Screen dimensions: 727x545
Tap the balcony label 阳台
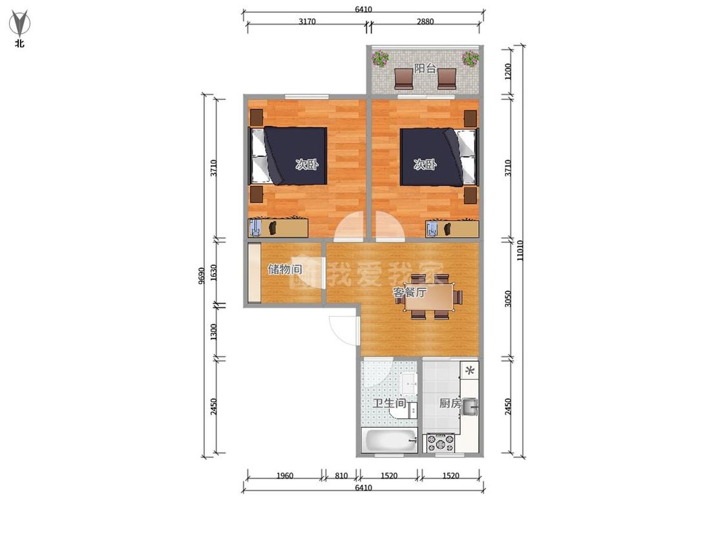point(425,68)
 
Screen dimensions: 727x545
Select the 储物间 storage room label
point(285,269)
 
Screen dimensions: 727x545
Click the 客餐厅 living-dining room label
point(410,293)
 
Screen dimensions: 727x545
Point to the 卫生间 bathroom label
point(390,403)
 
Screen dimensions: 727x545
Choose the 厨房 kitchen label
point(450,403)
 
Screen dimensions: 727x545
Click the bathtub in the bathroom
point(390,440)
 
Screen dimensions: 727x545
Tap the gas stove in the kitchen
point(441,442)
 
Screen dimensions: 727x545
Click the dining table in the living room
point(429,297)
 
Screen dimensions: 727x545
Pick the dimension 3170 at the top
point(307,21)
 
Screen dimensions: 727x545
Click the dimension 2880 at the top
point(425,21)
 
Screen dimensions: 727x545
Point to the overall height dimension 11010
point(520,251)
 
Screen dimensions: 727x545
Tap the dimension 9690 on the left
point(201,276)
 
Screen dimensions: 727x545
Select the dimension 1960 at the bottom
point(285,475)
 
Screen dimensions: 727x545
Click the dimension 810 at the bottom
point(341,475)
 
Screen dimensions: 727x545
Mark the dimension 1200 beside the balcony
point(508,72)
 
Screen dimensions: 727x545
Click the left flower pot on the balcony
point(380,58)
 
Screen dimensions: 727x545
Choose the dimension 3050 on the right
point(508,298)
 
